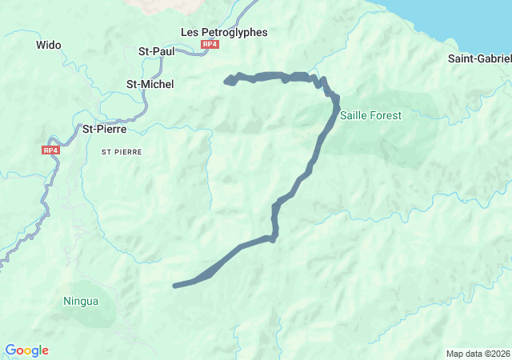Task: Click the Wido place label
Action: tap(49, 46)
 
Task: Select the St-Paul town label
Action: tap(157, 51)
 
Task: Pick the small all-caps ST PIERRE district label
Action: tap(122, 150)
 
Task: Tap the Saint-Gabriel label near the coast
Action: tap(479, 58)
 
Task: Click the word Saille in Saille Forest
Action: tap(354, 115)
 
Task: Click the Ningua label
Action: tap(81, 302)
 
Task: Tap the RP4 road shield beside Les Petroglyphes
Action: tap(210, 45)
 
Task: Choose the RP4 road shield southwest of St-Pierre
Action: tap(51, 150)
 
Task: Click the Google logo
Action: tap(26, 350)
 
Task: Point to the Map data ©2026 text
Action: tap(477, 354)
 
